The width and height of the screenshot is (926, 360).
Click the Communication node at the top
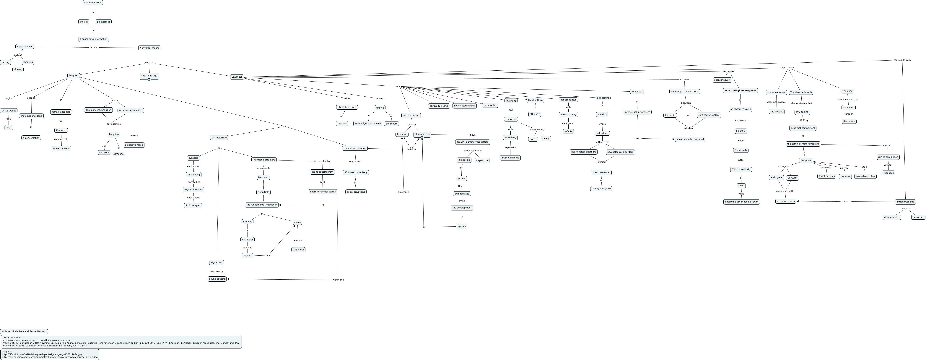93,3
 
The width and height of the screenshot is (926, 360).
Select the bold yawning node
237,77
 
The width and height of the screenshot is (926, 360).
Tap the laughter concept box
74,76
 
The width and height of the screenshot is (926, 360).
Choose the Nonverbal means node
149,48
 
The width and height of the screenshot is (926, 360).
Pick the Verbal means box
25,46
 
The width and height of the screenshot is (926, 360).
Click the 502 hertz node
247,239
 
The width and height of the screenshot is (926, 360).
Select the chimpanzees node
422,134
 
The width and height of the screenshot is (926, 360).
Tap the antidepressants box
905,202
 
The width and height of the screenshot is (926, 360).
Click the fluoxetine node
918,217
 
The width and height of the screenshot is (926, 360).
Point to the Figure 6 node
741,131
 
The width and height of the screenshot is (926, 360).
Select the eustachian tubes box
865,176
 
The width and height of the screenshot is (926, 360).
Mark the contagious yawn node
601,188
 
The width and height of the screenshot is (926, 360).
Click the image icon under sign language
149,80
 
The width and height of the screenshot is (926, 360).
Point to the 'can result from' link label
902,60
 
